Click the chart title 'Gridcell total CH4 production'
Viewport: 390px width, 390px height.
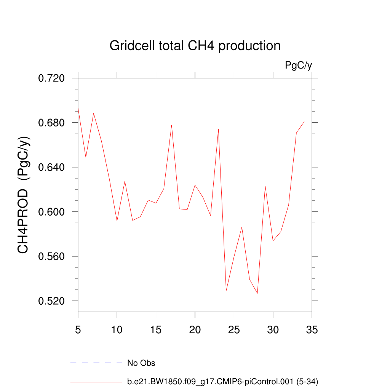[x=195, y=46]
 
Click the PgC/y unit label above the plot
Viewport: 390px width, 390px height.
[x=299, y=66]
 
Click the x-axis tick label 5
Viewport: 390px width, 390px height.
[x=78, y=330]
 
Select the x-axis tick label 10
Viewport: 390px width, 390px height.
[x=117, y=330]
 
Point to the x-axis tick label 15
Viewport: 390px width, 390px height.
[x=156, y=330]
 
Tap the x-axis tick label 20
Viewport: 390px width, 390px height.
[x=195, y=330]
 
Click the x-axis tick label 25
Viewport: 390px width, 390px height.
[x=234, y=330]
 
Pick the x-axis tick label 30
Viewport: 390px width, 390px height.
[x=273, y=330]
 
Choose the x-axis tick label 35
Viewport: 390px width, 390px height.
[x=312, y=330]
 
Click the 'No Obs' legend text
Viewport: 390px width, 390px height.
[x=141, y=363]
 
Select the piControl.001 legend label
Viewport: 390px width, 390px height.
[x=222, y=381]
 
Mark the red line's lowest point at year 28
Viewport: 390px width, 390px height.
[x=257, y=293]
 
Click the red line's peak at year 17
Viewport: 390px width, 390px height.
[x=172, y=125]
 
